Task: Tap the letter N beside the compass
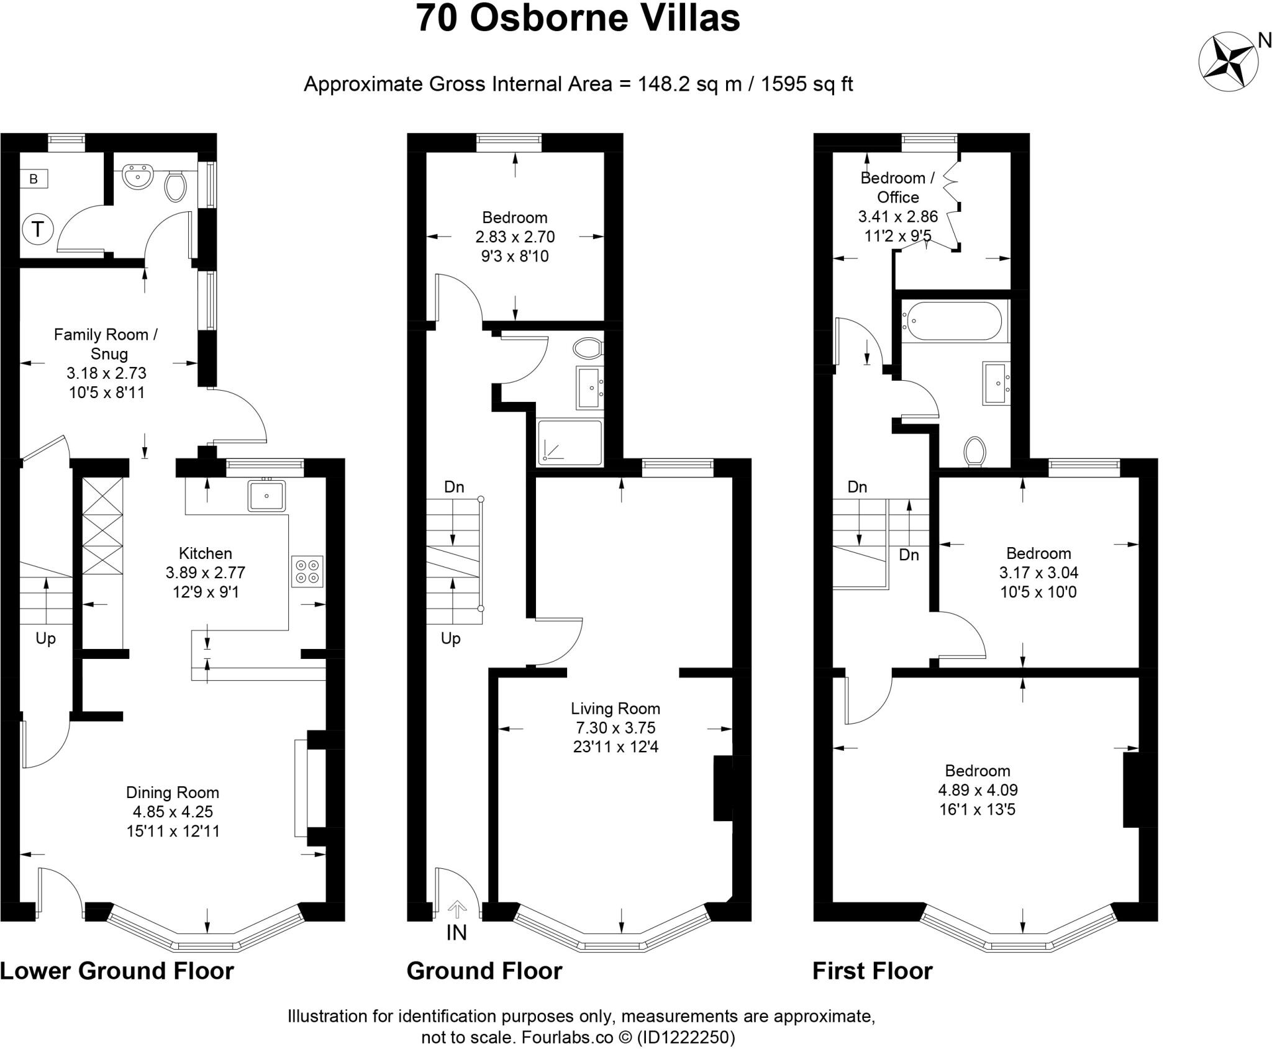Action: (x=1263, y=41)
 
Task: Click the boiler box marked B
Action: (x=34, y=179)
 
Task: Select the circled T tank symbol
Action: (x=38, y=230)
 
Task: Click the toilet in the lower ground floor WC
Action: (x=175, y=186)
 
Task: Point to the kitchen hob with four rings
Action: (x=307, y=571)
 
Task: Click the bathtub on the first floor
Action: (x=951, y=320)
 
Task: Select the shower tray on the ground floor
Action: (x=570, y=443)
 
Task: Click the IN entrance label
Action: (x=457, y=932)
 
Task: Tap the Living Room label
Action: (x=616, y=709)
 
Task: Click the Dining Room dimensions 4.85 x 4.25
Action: (x=173, y=812)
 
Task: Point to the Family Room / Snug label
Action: (x=106, y=344)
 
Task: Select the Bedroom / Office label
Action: (x=897, y=188)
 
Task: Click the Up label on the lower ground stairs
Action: (x=45, y=638)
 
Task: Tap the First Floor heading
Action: (x=873, y=970)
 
